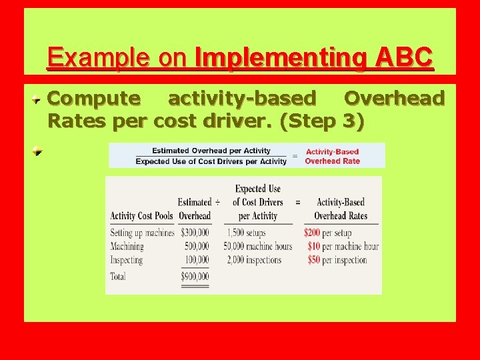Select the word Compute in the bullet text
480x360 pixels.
(x=94, y=99)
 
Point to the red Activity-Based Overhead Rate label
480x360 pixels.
(x=332, y=156)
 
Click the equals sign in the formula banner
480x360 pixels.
(x=295, y=156)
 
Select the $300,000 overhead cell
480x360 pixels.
(x=194, y=233)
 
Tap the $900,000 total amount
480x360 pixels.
(x=195, y=276)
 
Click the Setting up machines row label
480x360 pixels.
(x=142, y=233)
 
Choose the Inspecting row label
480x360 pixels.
(x=127, y=260)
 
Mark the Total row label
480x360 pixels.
(x=118, y=276)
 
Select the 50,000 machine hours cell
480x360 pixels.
(x=258, y=246)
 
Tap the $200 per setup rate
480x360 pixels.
(x=327, y=233)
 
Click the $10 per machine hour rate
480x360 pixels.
(x=343, y=246)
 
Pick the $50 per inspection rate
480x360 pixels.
(x=337, y=260)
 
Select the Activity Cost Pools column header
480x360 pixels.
(x=141, y=215)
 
